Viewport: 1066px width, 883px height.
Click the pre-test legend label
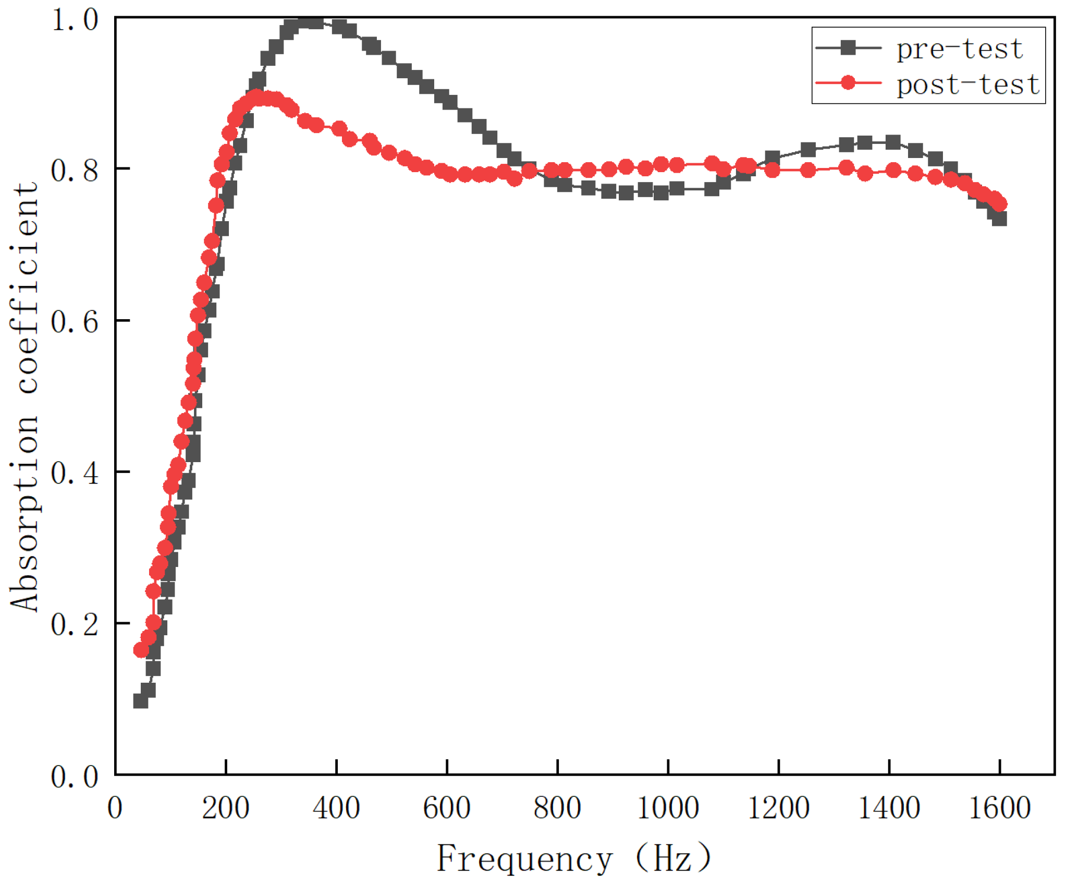coord(959,49)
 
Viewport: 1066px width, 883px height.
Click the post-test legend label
coord(967,84)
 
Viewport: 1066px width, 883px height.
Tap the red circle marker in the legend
coord(848,82)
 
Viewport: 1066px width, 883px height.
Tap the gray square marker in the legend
coord(848,47)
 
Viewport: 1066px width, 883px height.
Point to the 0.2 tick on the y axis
coord(75,624)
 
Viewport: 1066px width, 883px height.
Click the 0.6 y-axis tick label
coord(75,321)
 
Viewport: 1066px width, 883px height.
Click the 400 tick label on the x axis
coord(336,808)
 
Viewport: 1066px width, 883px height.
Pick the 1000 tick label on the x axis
coord(668,808)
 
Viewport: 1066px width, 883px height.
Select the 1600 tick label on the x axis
coord(999,808)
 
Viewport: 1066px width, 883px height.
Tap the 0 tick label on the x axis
coord(115,808)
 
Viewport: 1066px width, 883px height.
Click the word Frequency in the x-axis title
coord(524,858)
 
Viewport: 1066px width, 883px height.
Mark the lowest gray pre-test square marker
coord(140,700)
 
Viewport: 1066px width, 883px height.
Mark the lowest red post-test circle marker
coord(141,650)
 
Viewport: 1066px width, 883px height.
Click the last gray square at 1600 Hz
coord(999,218)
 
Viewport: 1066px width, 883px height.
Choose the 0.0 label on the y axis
coord(75,776)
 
